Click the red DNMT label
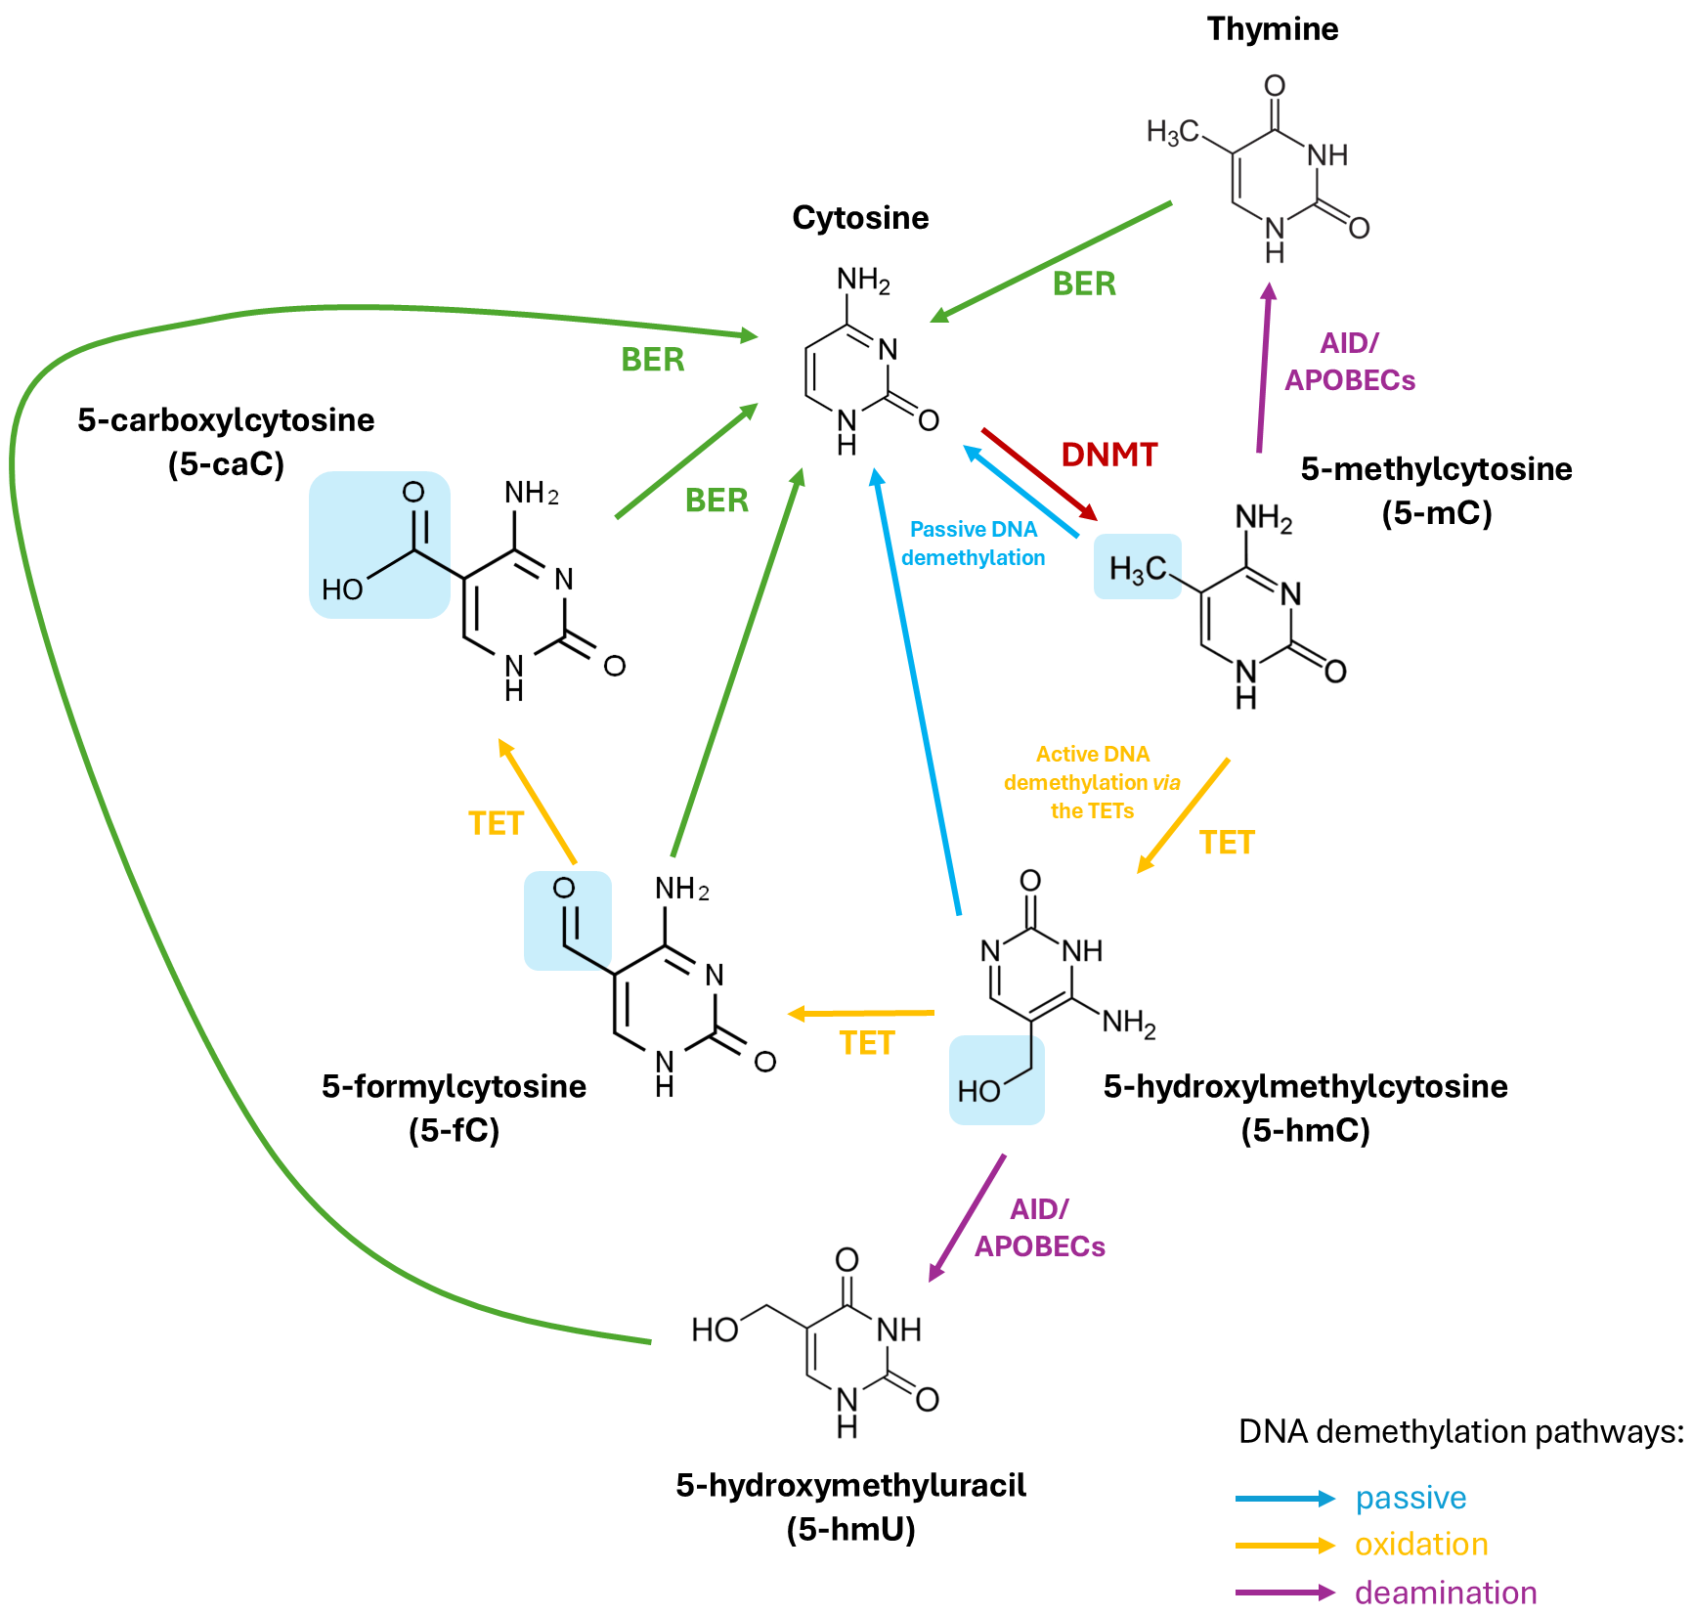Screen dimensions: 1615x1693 click(1109, 455)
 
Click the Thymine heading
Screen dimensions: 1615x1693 click(1272, 29)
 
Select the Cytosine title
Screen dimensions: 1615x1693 click(860, 218)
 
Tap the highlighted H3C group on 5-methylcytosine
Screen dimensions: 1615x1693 click(1138, 567)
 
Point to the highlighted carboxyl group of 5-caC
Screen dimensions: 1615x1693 click(380, 545)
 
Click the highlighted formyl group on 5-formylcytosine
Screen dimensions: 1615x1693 click(567, 920)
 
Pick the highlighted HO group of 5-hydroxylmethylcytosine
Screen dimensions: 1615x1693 click(996, 1081)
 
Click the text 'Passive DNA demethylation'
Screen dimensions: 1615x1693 click(974, 544)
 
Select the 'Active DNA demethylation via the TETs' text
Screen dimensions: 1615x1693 click(1092, 782)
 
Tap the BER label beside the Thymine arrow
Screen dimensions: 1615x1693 click(1084, 284)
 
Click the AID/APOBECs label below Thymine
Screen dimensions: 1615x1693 click(1350, 362)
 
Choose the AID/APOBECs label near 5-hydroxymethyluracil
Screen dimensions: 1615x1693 click(1040, 1229)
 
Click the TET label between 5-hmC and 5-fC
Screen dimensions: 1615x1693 click(867, 1043)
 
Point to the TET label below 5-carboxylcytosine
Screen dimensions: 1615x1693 click(496, 824)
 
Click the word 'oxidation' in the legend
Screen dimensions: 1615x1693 click(1421, 1545)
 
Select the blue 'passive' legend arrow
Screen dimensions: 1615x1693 click(1284, 1499)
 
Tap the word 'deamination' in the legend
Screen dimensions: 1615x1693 click(1446, 1593)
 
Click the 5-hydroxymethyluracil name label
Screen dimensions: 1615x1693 click(850, 1486)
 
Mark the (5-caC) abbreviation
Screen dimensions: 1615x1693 click(226, 463)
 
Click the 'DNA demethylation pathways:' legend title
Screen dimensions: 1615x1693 click(1460, 1432)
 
